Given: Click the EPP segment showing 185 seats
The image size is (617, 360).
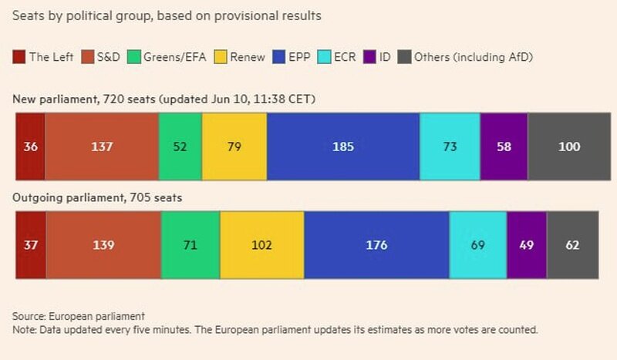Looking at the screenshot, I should pos(343,146).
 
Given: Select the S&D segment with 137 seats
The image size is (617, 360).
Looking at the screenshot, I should pos(102,146).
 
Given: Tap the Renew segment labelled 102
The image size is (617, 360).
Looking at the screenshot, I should pos(261,245).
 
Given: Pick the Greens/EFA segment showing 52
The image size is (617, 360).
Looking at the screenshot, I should pos(180,146).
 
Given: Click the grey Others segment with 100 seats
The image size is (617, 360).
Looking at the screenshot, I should pos(569,146).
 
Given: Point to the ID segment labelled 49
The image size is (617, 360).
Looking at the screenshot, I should pos(527,245).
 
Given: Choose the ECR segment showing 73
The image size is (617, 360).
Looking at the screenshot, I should pos(450,146).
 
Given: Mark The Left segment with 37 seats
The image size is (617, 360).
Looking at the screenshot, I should pos(30,245).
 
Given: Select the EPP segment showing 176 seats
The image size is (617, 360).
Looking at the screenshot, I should pos(376,245).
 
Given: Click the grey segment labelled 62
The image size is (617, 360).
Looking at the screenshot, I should pos(572,245).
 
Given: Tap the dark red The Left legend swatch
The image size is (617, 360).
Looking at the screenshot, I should pos(19,56).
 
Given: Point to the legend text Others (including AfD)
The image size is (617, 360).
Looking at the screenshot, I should pos(474,56).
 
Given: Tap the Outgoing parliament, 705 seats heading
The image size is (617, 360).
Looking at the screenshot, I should pos(96,198).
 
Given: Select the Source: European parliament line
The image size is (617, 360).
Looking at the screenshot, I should pos(79,317).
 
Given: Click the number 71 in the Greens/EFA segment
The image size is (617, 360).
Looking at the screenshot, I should pos(190,245).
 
